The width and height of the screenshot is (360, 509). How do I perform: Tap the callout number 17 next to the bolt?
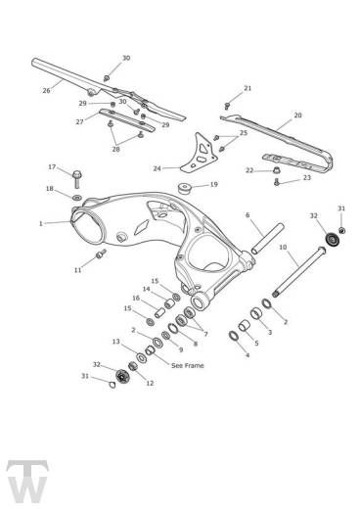tap(52, 166)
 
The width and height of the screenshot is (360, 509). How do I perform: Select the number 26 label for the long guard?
tap(46, 90)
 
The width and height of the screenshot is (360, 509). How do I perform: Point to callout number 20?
tap(297, 116)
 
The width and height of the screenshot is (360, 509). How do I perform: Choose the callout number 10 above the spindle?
tap(282, 248)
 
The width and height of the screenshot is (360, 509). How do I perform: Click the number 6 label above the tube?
tap(247, 214)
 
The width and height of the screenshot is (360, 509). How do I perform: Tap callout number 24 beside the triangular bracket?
tap(157, 168)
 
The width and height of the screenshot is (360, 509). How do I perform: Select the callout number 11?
tap(77, 269)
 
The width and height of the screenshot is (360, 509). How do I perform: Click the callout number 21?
tap(247, 88)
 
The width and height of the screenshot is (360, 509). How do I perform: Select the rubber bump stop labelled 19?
tap(184, 186)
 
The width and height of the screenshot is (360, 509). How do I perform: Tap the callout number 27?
tap(78, 121)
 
